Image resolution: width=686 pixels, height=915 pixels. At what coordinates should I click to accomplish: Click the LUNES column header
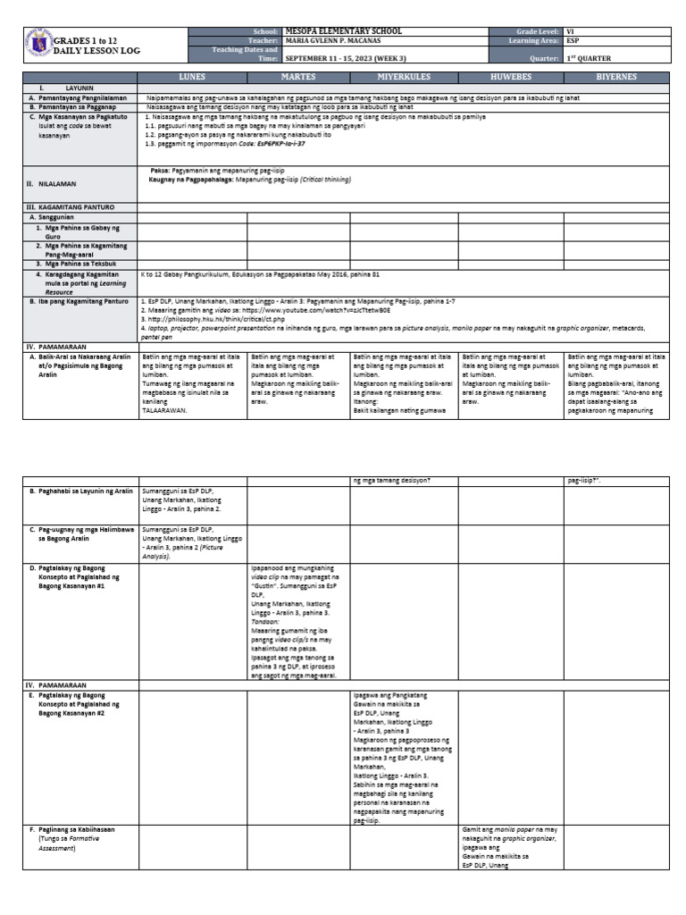click(192, 78)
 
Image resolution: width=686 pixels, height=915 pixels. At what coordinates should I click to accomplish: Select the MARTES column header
click(298, 78)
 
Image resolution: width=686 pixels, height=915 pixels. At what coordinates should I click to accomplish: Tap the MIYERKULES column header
click(404, 78)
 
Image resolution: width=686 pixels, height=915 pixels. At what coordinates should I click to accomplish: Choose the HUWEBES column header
click(510, 78)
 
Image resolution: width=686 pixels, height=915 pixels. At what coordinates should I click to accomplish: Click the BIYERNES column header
click(616, 78)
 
